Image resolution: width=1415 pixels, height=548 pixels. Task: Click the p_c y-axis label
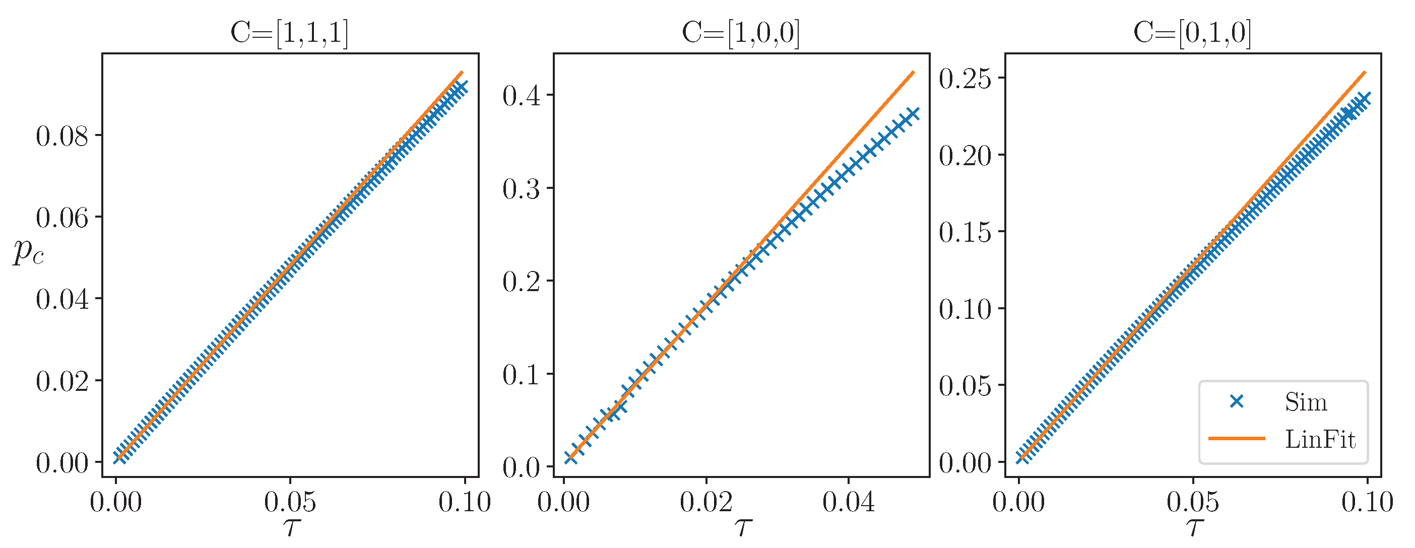[29, 251]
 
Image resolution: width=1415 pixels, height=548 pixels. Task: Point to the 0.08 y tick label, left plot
[62, 136]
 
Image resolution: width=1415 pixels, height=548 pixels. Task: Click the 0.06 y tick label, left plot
[62, 218]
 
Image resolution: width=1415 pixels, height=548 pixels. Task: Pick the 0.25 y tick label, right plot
[965, 79]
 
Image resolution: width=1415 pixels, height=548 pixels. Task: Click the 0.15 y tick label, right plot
[965, 232]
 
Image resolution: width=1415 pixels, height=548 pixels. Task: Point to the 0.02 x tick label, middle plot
[706, 502]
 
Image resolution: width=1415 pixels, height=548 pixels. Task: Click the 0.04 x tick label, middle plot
[848, 502]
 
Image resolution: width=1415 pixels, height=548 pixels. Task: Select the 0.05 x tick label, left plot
[290, 502]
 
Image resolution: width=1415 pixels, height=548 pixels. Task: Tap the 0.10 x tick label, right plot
[1367, 502]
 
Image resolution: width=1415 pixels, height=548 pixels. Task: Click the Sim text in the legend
[1306, 402]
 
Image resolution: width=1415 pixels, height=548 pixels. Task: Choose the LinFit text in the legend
[1320, 439]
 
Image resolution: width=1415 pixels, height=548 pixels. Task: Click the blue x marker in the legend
[1237, 402]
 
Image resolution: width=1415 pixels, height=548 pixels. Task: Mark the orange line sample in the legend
[1237, 439]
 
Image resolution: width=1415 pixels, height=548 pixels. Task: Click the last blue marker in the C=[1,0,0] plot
[913, 114]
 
